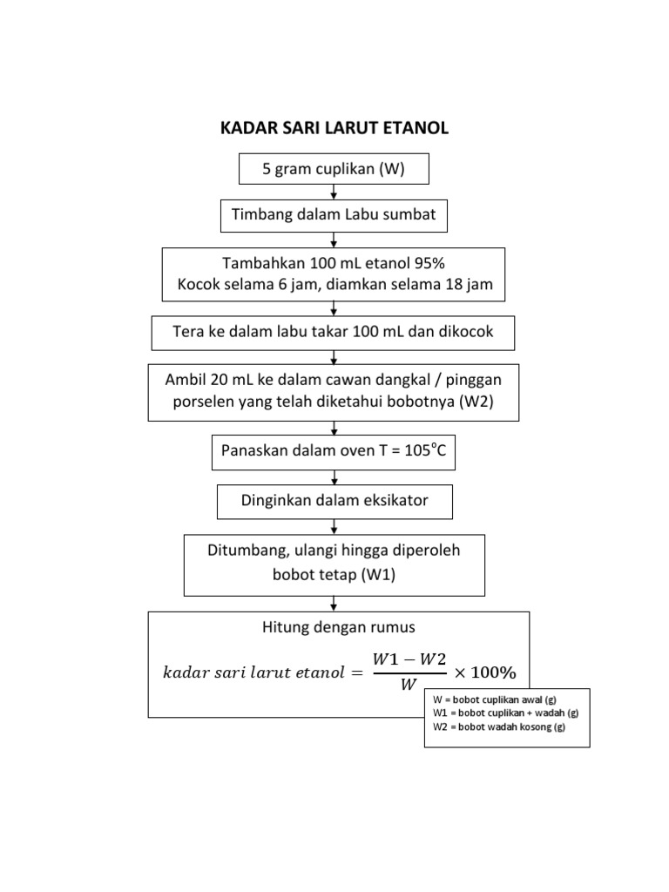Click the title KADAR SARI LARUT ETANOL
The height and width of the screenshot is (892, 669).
[x=334, y=129]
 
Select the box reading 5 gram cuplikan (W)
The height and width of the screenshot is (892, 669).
[x=334, y=169]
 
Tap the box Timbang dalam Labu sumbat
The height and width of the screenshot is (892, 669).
[x=334, y=215]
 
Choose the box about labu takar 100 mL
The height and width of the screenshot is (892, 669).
[x=334, y=333]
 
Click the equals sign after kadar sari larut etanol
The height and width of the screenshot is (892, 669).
[x=357, y=672]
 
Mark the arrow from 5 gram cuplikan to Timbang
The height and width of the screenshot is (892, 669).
[x=334, y=192]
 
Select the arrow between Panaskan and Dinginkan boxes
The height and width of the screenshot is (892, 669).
[x=334, y=476]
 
